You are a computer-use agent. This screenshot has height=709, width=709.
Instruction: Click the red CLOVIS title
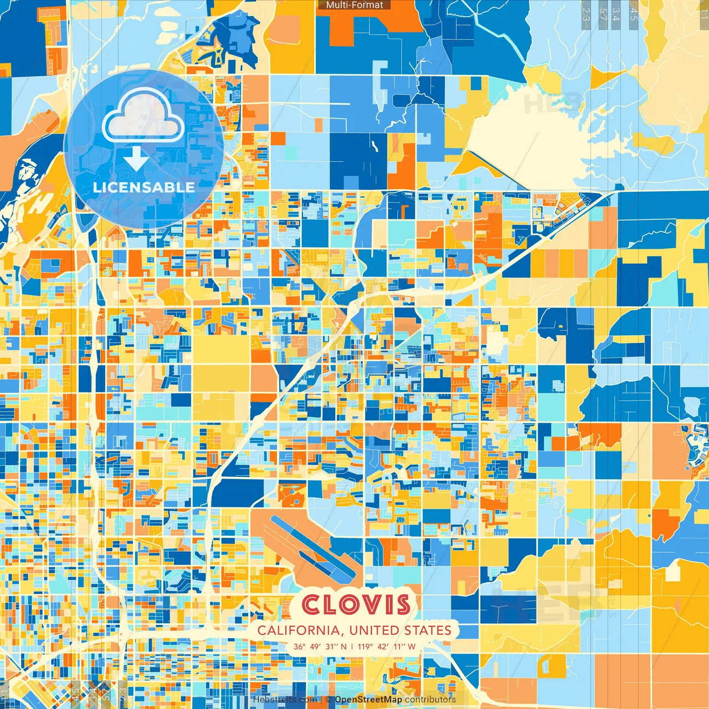[356, 605]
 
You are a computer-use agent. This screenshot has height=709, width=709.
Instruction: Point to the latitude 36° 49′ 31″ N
[320, 646]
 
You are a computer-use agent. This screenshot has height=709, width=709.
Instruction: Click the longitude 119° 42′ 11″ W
[387, 646]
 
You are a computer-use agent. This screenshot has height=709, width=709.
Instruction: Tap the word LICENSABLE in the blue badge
[144, 187]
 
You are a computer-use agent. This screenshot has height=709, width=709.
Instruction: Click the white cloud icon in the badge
[143, 116]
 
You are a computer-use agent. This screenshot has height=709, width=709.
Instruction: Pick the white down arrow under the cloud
[136, 158]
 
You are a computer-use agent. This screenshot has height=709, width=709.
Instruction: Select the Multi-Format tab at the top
[354, 5]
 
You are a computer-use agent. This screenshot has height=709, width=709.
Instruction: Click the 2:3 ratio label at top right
[586, 14]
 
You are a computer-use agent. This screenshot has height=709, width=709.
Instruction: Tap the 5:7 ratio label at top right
[603, 14]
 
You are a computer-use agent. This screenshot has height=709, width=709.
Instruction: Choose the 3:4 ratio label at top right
[616, 14]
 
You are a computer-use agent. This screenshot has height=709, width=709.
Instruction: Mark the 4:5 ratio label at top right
[634, 14]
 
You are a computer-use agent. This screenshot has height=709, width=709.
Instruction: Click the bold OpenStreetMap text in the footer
[368, 700]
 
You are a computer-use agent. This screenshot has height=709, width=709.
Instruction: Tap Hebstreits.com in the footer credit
[285, 700]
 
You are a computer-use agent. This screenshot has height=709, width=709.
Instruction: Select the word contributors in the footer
[430, 700]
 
